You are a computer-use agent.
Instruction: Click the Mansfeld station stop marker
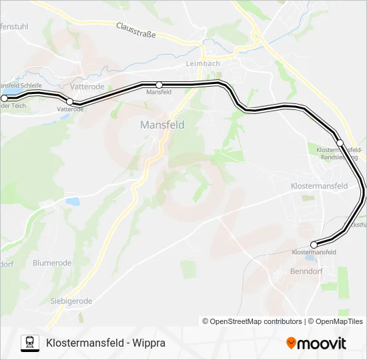[159, 85]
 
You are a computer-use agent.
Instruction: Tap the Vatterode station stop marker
[70, 101]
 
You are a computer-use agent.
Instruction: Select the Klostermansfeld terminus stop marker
[314, 245]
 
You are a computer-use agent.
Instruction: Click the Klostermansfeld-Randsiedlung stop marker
[340, 143]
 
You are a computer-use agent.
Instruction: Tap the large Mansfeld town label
[162, 125]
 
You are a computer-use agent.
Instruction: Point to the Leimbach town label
[202, 64]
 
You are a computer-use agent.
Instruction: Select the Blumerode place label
[52, 263]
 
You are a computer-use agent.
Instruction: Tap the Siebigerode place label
[71, 301]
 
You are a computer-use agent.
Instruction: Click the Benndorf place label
[306, 272]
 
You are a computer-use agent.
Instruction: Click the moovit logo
[316, 343]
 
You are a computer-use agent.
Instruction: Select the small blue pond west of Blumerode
[73, 201]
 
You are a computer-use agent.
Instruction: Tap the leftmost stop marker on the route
[4, 98]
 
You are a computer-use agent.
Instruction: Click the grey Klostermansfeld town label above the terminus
[320, 186]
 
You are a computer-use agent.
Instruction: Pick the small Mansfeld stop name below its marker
[159, 92]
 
